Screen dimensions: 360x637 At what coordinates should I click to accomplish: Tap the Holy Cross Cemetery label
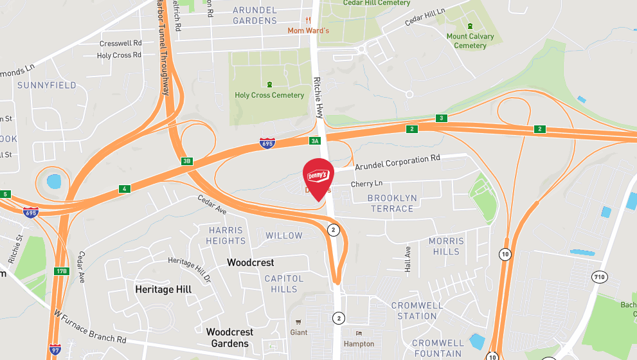(x=269, y=95)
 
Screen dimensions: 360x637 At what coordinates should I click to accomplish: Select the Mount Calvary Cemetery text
(x=470, y=40)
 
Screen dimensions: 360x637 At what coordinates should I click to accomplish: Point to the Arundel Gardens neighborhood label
(x=255, y=15)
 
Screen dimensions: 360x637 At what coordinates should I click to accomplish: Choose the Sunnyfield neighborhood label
(x=47, y=85)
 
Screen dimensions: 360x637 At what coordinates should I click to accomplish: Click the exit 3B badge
(x=187, y=161)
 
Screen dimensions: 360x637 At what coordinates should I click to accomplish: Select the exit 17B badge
(x=61, y=271)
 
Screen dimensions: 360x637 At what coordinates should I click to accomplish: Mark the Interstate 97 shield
(x=55, y=350)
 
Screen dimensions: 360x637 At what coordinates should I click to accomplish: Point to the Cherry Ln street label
(x=366, y=184)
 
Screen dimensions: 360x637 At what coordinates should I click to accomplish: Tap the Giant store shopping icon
(x=298, y=322)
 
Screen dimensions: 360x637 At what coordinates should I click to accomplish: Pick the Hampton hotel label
(x=359, y=344)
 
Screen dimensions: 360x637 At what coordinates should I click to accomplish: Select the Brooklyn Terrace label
(x=392, y=203)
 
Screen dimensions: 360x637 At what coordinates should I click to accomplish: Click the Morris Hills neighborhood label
(x=446, y=246)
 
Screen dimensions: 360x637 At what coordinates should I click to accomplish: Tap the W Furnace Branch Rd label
(x=90, y=327)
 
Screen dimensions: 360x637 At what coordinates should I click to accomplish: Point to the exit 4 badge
(x=124, y=189)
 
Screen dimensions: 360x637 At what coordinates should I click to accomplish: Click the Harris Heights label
(x=226, y=235)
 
